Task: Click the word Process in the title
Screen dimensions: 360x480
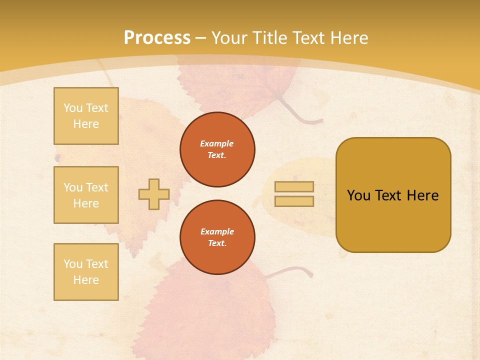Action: point(157,38)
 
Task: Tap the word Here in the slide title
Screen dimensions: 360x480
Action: point(349,38)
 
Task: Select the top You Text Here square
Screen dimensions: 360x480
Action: point(86,116)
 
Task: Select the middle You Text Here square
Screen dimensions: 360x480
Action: point(86,195)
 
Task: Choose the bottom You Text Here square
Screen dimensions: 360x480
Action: point(86,272)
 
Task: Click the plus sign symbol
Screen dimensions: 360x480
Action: point(154,194)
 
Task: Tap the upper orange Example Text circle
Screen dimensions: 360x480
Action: point(217,149)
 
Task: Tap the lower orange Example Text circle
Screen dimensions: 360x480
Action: point(217,237)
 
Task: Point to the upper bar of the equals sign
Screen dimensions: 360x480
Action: point(294,186)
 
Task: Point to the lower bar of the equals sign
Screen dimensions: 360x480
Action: point(294,201)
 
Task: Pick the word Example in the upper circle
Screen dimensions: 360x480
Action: point(217,143)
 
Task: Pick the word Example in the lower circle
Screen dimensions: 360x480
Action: point(217,231)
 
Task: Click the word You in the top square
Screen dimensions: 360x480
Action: point(73,108)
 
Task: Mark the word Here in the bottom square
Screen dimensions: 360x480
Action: point(86,280)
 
